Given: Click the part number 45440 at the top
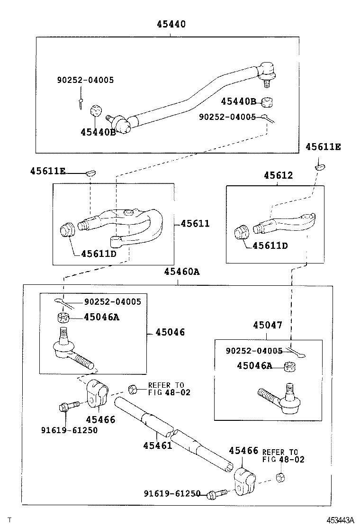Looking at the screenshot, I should coord(171,24).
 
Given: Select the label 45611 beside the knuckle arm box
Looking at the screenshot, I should coord(195,223).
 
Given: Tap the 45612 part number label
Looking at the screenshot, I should coord(278,175).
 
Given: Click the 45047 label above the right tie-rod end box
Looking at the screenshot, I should coord(267,325).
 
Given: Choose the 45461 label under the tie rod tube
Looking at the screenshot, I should coord(157,445).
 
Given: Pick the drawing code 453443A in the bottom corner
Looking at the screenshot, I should coord(340,520).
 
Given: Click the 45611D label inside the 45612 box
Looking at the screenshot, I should coord(270,245).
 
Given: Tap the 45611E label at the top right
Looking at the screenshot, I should coord(323,147).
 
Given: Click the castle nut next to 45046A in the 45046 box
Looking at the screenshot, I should coord(62,318).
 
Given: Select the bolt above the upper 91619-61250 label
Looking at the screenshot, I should coord(67,407).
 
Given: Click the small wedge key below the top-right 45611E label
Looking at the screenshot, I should coord(319,166).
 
